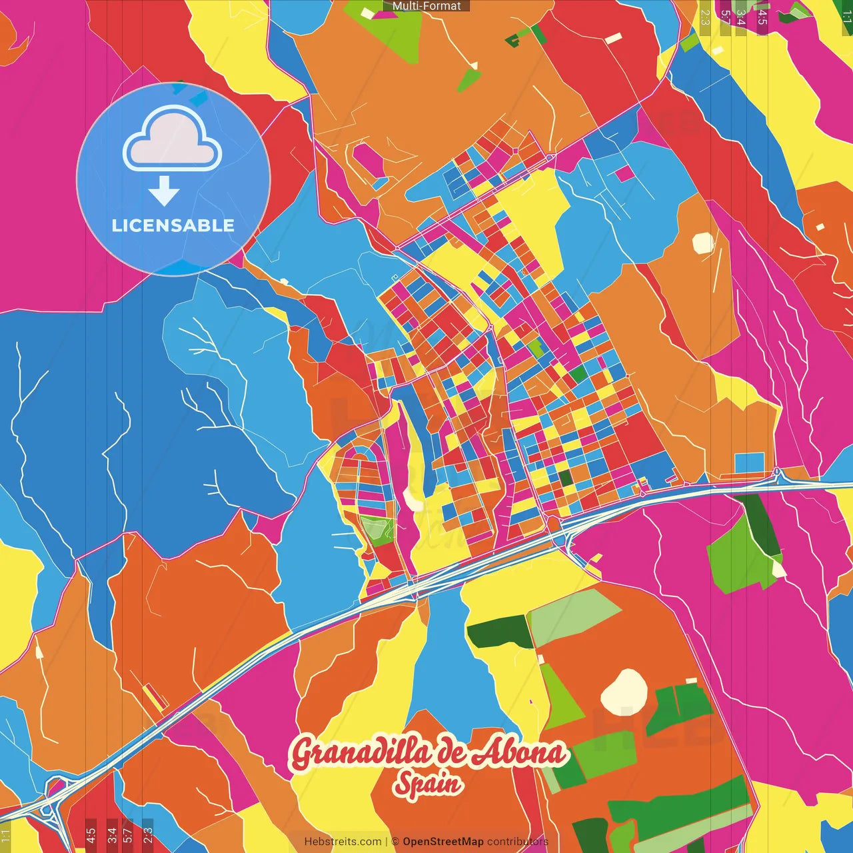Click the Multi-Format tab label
[x=426, y=6]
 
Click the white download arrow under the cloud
[x=164, y=191]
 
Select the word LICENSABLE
[x=173, y=225]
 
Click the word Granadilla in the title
[x=361, y=754]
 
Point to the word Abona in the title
[x=519, y=752]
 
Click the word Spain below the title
[x=428, y=784]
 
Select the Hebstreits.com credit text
[x=343, y=842]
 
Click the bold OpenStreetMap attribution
[x=443, y=842]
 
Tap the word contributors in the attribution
[x=518, y=842]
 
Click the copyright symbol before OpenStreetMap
[x=395, y=842]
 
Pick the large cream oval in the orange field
[x=624, y=690]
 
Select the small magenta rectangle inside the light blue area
[x=624, y=173]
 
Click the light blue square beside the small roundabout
[x=750, y=464]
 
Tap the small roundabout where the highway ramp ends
[x=777, y=472]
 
